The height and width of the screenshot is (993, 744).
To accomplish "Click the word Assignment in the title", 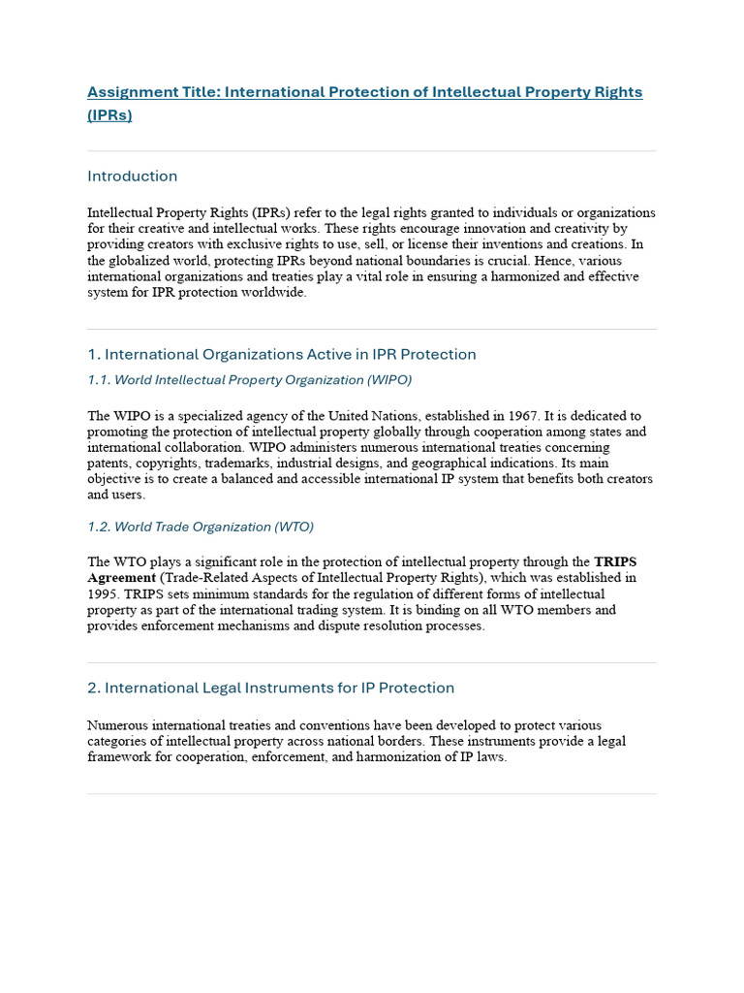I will click(x=126, y=92).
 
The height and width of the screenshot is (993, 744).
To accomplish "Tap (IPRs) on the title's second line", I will click(x=109, y=115).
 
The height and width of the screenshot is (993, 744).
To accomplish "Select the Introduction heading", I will click(x=133, y=176).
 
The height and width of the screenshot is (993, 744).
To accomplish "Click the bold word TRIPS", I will click(x=615, y=561).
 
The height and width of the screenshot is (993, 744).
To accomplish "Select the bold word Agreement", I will click(x=118, y=578).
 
